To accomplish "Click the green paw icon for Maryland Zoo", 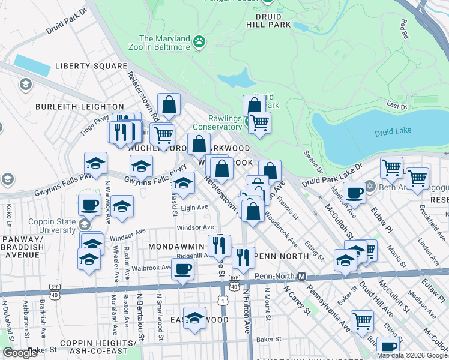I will (x=199, y=41).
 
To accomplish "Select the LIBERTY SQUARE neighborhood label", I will (x=91, y=66).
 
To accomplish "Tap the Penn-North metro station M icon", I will (x=303, y=277).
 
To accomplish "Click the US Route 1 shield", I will (x=223, y=300).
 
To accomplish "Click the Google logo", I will (x=20, y=353).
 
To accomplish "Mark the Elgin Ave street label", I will (x=194, y=208).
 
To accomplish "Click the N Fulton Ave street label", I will (x=246, y=311).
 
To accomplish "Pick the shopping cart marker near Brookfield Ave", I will (x=417, y=178).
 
